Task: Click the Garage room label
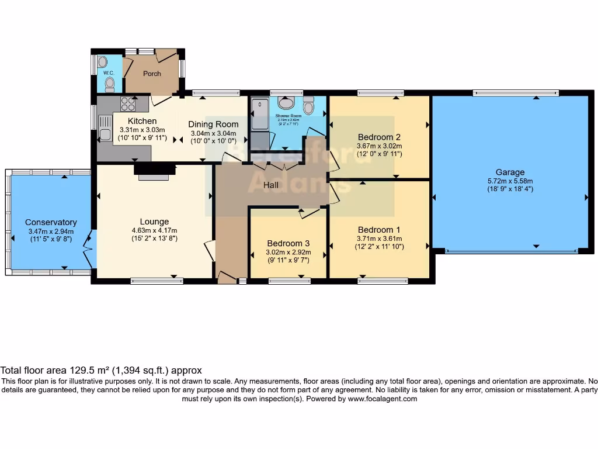[x=510, y=172]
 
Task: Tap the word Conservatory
[x=51, y=222]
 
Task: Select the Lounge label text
[x=154, y=222]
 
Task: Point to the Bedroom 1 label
[x=379, y=229]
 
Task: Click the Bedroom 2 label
[x=379, y=137]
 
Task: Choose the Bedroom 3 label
[x=288, y=243]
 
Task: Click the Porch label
[x=152, y=74]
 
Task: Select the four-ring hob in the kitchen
[x=127, y=103]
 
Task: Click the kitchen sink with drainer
[x=105, y=128]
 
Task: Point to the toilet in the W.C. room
[x=109, y=84]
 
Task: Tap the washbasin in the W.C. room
[x=103, y=61]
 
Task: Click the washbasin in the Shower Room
[x=286, y=103]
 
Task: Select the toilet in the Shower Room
[x=308, y=106]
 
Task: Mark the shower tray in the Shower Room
[x=259, y=115]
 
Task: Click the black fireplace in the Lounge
[x=154, y=169]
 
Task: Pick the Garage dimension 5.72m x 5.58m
[x=510, y=181]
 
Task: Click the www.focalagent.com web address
[x=383, y=399]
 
